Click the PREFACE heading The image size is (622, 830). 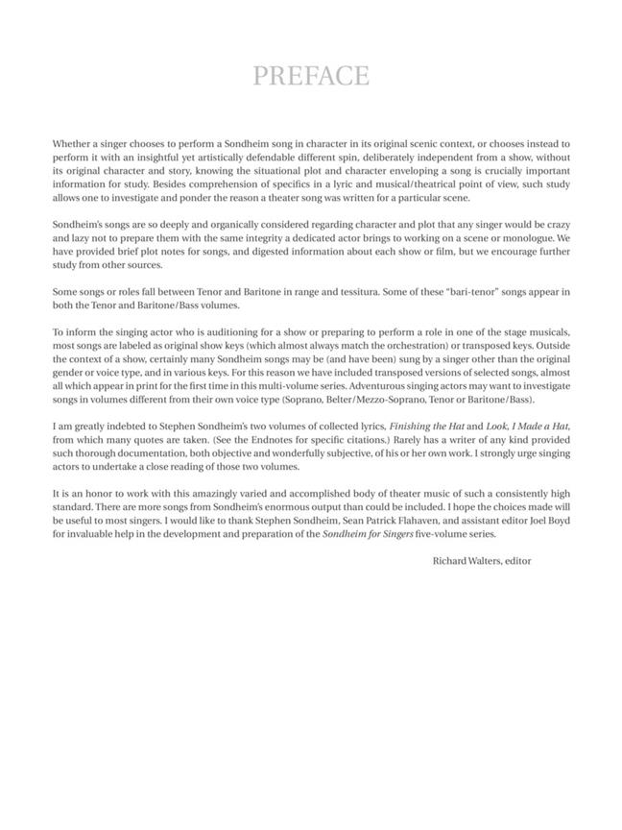pos(311,76)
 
